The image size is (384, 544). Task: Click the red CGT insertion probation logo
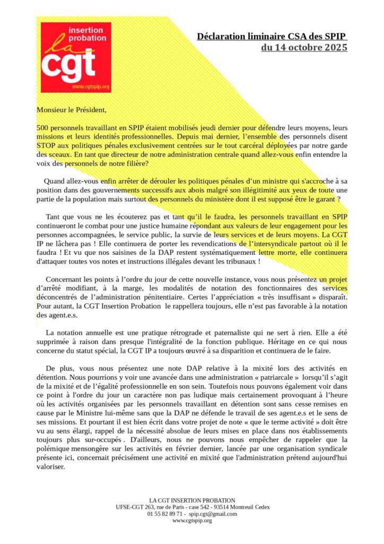[76, 57]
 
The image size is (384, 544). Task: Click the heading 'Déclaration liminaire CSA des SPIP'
[272, 37]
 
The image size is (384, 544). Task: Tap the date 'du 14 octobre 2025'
[304, 48]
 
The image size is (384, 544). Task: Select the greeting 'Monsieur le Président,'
[72, 110]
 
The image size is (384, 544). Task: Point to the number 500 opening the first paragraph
[42, 128]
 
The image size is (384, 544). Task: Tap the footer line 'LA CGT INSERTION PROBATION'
[192, 500]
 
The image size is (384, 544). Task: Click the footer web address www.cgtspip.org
[192, 521]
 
